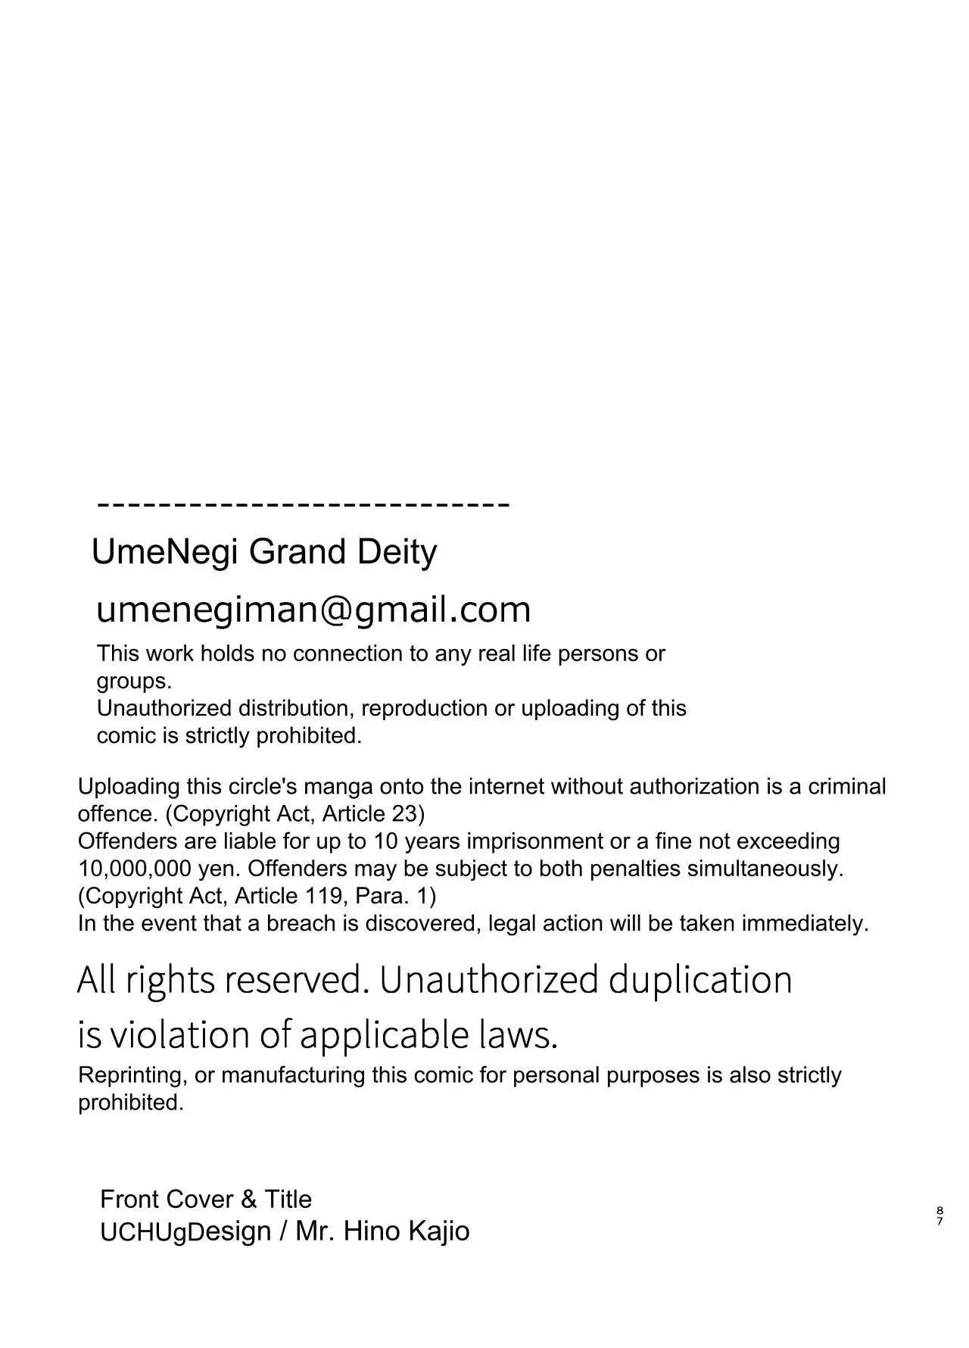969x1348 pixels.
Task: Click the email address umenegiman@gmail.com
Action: [x=313, y=610]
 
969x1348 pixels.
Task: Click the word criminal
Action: [x=846, y=787]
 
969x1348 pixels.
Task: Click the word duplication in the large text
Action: [x=700, y=980]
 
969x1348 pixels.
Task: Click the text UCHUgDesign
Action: [x=185, y=1231]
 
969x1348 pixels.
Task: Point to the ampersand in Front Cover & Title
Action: [x=249, y=1200]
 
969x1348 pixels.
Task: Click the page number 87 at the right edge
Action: [x=939, y=1215]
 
